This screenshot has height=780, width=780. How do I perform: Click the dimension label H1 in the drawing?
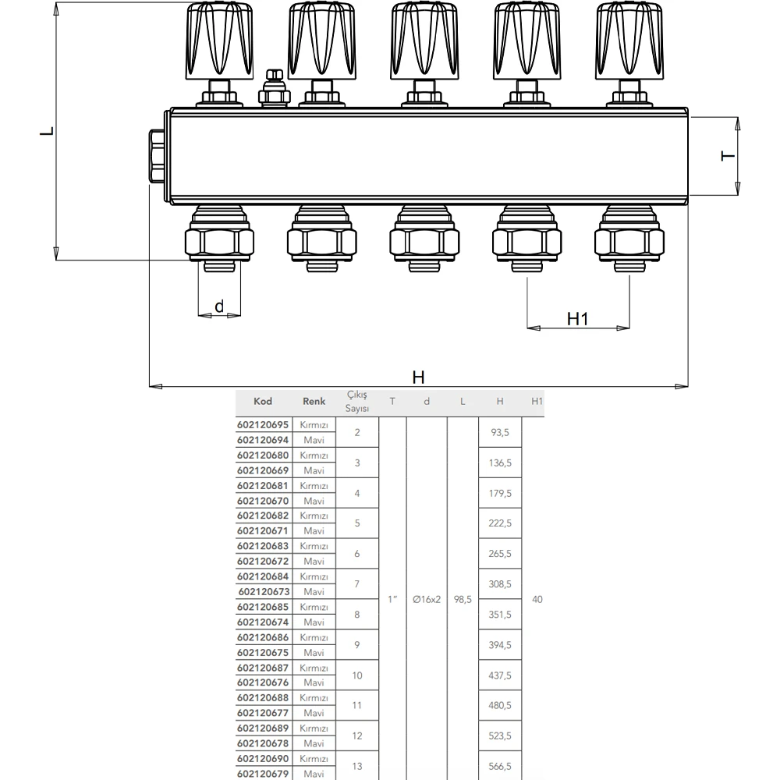(577, 319)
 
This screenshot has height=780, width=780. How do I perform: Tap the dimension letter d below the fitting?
(219, 306)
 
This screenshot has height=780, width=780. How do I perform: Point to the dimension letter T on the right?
(727, 156)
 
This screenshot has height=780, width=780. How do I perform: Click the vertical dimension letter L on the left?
(48, 131)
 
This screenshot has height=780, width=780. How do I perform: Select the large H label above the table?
(418, 378)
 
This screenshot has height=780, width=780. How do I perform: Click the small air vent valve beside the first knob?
(274, 89)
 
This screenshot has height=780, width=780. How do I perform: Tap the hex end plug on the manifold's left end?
(158, 156)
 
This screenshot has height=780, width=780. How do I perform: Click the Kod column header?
(263, 402)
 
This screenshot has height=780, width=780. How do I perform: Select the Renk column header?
(314, 402)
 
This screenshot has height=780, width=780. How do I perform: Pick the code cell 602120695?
(263, 425)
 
